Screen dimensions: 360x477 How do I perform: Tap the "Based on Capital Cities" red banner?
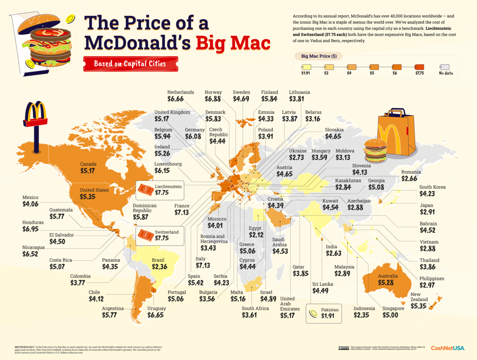pos(130,63)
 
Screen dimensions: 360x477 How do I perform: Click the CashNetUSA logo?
pos(448,348)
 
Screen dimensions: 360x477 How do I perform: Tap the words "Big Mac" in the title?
pos(233,43)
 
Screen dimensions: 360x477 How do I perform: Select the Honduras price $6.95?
pos(32,230)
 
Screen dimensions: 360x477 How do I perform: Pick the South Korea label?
pos(432,187)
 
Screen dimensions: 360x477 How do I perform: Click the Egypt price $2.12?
pos(256,235)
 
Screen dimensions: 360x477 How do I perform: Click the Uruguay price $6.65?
pos(157,315)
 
